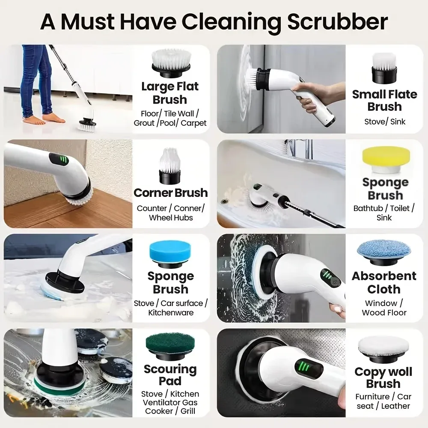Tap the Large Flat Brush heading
(170, 93)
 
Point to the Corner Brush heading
(170, 193)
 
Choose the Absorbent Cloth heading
(384, 282)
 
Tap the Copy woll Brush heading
(383, 377)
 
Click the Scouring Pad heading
(170, 375)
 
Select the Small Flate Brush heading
(384, 100)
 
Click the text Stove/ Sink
(384, 122)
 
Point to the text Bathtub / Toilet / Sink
(384, 213)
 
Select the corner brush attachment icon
(170, 165)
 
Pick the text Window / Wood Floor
(384, 308)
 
